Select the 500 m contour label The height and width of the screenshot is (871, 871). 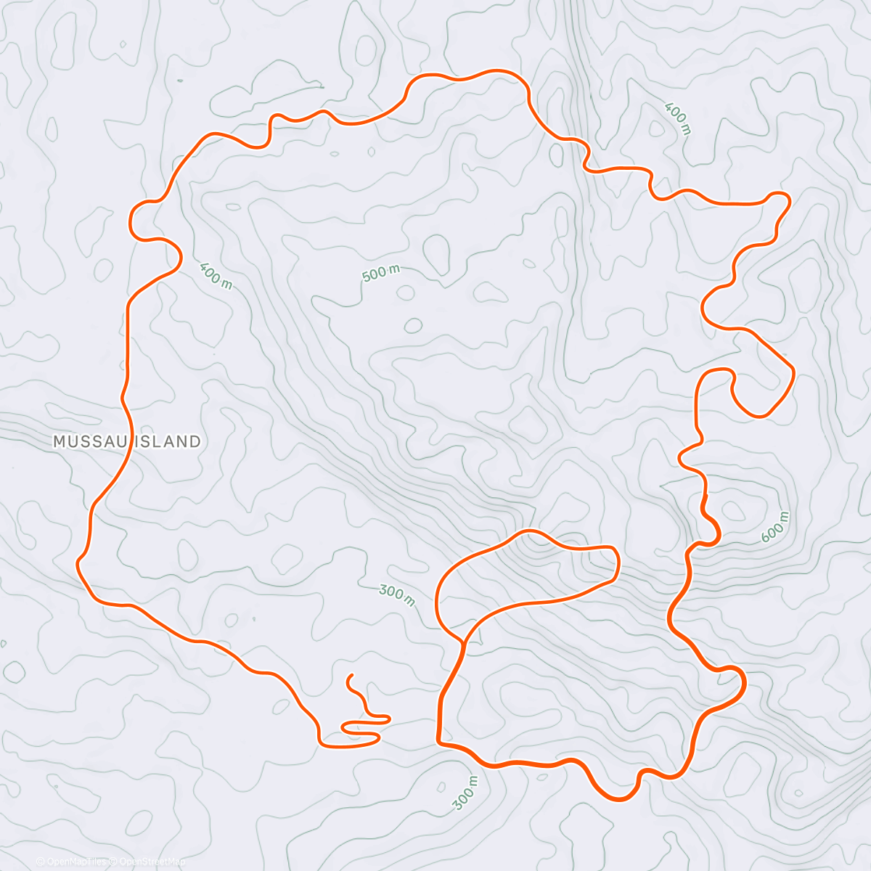(x=381, y=274)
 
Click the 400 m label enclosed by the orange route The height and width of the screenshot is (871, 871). (x=216, y=274)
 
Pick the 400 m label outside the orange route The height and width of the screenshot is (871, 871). (x=677, y=118)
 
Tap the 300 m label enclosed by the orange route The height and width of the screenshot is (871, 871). (x=397, y=595)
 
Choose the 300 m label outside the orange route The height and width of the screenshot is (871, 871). (x=465, y=793)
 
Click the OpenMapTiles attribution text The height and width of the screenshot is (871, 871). (x=76, y=862)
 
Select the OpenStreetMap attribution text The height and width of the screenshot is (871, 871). (x=152, y=862)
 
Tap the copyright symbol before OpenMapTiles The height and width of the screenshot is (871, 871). (x=41, y=862)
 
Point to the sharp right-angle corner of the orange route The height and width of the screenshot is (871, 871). (x=439, y=742)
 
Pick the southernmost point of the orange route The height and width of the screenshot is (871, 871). (x=619, y=800)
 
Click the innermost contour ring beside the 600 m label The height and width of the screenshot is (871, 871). (x=732, y=510)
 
